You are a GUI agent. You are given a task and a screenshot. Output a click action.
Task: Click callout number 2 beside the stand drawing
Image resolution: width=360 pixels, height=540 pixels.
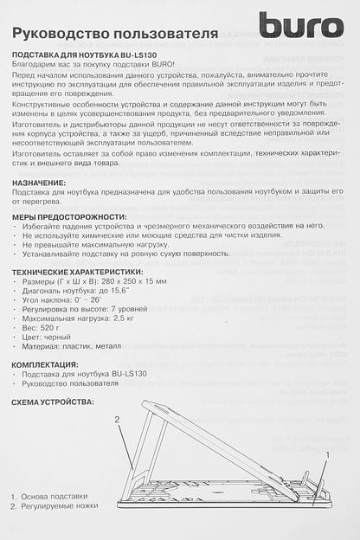pyautogui.click(x=116, y=420)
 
